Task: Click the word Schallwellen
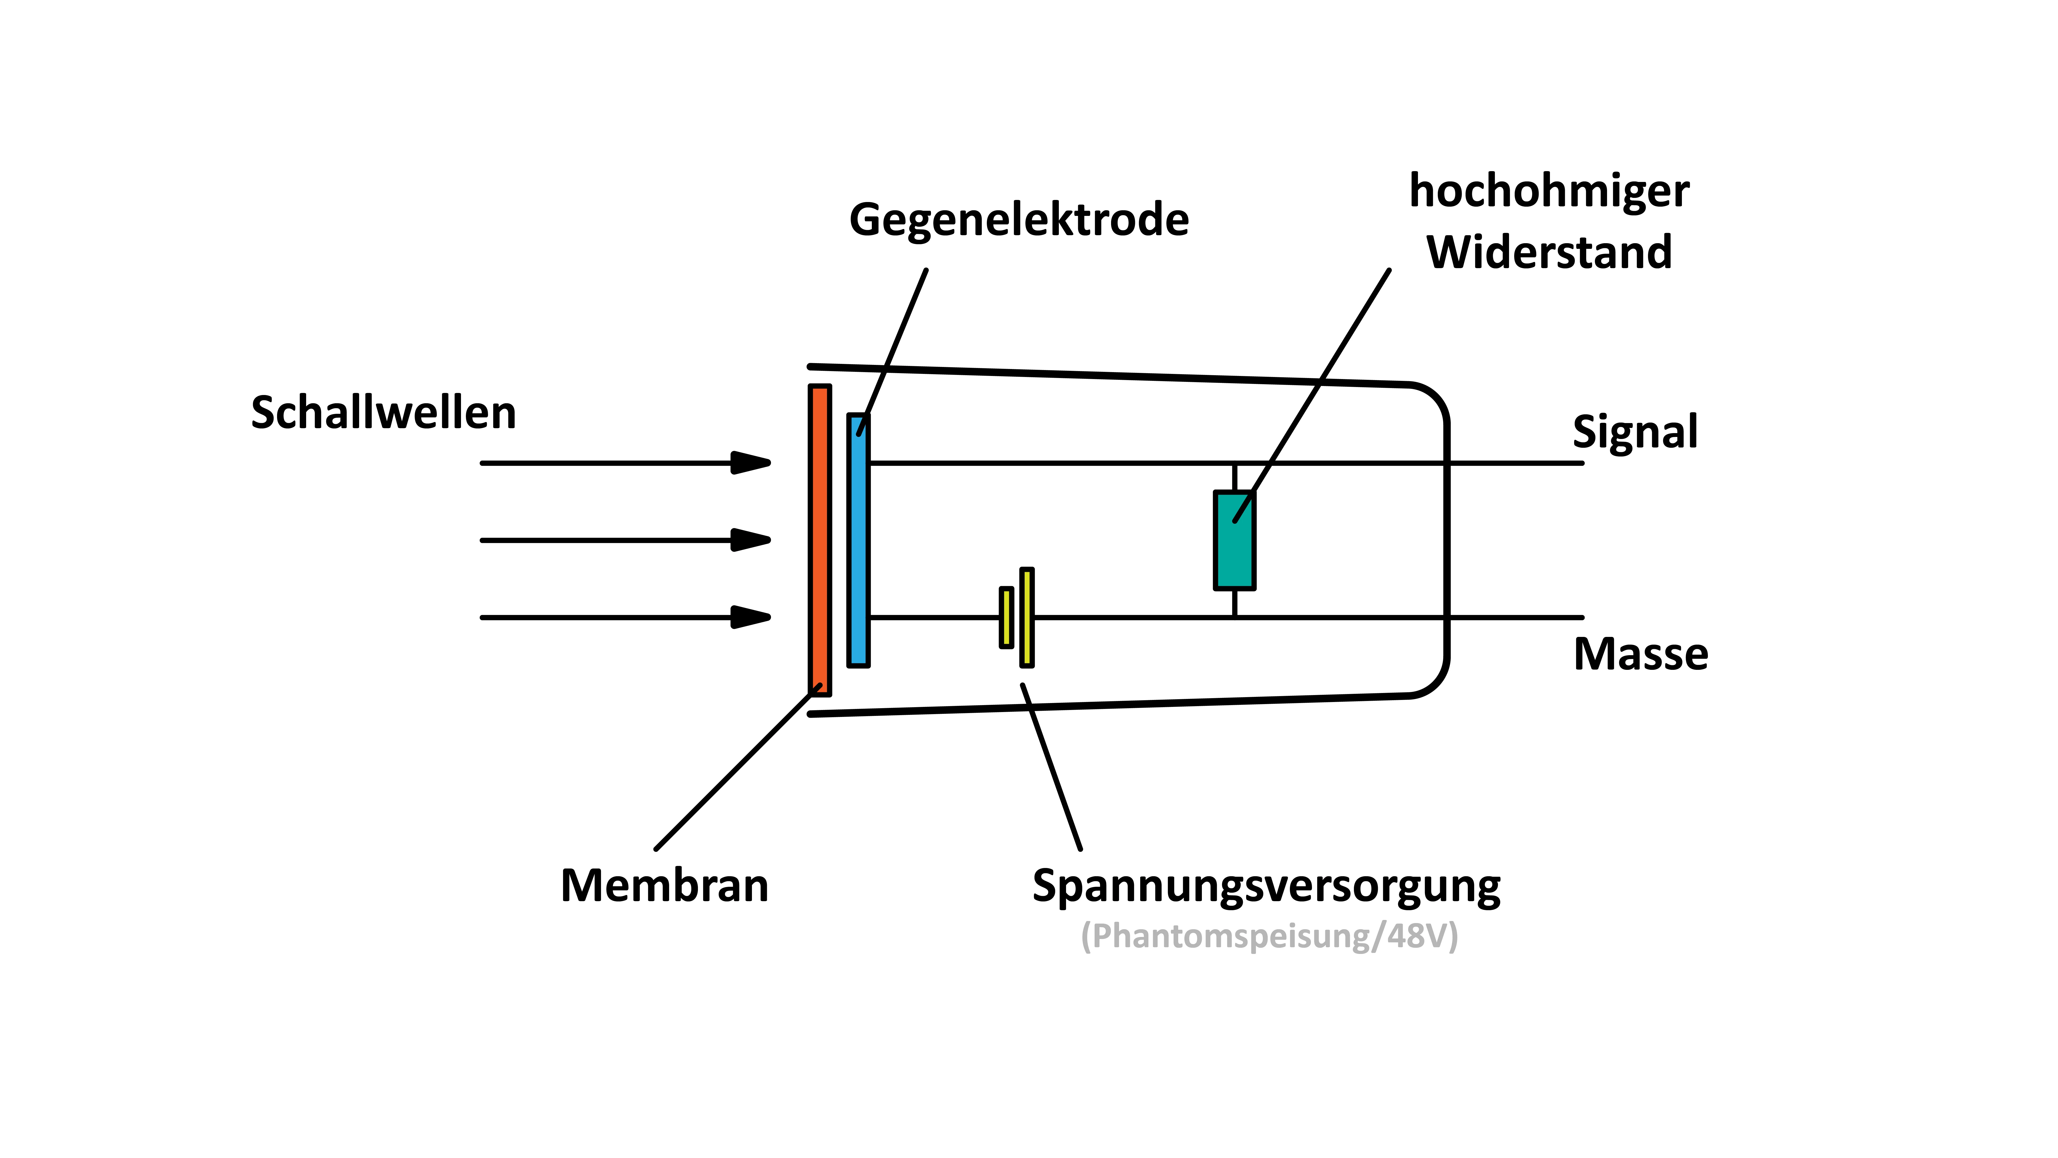click(384, 413)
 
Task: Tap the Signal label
click(1635, 432)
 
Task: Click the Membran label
click(664, 885)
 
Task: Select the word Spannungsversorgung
click(1266, 885)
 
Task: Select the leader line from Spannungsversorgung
click(1051, 767)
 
